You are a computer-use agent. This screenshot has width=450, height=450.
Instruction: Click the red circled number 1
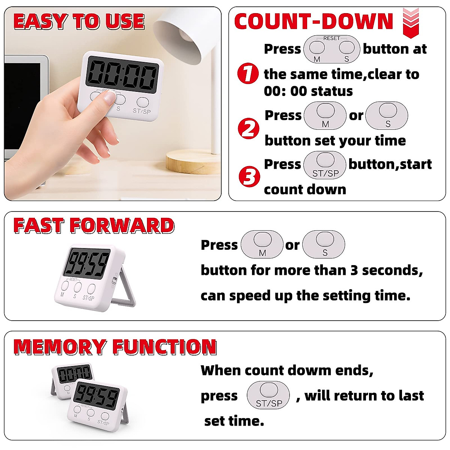[x=248, y=73]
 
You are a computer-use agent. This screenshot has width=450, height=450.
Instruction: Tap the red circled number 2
[x=249, y=128]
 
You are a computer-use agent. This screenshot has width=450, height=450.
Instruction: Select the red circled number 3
[x=249, y=176]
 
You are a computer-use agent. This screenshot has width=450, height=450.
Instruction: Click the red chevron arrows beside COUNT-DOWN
[x=411, y=23]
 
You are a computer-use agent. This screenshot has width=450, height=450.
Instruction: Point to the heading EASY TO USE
[x=79, y=21]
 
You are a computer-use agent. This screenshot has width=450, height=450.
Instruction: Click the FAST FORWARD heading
[x=94, y=226]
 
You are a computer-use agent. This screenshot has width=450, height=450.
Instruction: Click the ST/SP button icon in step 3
[x=325, y=165]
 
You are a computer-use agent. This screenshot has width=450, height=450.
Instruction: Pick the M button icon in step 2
[x=325, y=115]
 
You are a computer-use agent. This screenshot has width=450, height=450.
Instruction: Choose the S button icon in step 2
[x=387, y=115]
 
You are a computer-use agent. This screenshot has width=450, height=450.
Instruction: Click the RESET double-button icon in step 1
[x=331, y=49]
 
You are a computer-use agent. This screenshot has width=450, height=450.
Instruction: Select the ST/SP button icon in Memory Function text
[x=268, y=395]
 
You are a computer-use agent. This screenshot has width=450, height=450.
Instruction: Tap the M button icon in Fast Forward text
[x=262, y=244]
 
